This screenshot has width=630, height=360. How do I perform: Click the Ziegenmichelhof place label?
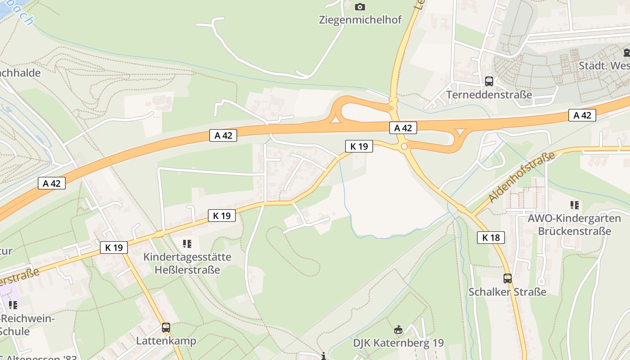point(360,20)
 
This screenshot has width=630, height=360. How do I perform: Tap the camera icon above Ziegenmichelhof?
point(360,7)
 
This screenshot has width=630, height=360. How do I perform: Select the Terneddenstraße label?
point(489,95)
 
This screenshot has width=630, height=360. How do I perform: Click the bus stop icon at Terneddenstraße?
point(489,81)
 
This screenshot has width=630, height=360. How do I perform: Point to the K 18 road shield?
point(490,238)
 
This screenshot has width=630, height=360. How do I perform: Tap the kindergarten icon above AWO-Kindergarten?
point(575,205)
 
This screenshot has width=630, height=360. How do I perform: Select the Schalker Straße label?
point(508,292)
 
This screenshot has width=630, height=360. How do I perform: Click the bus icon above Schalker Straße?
point(508,279)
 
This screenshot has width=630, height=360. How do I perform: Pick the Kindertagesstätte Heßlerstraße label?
point(187,263)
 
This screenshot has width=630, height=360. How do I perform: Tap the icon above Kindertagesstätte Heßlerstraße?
point(187,244)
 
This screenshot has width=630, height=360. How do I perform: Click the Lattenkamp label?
point(166,341)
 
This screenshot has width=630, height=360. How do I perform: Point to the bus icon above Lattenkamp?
point(166,328)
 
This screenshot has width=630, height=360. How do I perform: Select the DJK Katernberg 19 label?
point(398,343)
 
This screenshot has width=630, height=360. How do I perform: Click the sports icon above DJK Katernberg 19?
point(398,330)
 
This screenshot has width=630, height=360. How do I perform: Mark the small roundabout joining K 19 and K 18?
point(404,146)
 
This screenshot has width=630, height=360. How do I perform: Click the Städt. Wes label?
point(604,66)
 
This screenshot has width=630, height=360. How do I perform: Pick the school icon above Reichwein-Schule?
point(13,305)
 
